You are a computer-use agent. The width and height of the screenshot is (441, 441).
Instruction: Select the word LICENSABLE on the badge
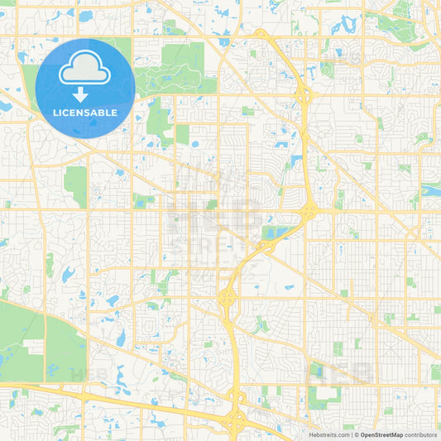click(85, 112)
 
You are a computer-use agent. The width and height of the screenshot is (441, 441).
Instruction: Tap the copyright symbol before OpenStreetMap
click(357, 434)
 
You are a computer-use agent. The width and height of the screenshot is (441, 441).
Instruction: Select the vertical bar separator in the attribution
click(352, 434)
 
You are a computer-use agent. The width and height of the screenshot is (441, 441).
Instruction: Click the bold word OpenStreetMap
click(381, 434)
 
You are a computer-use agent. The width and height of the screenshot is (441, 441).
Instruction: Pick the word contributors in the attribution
click(420, 434)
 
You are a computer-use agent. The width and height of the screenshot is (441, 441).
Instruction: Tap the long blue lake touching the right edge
click(431, 189)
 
